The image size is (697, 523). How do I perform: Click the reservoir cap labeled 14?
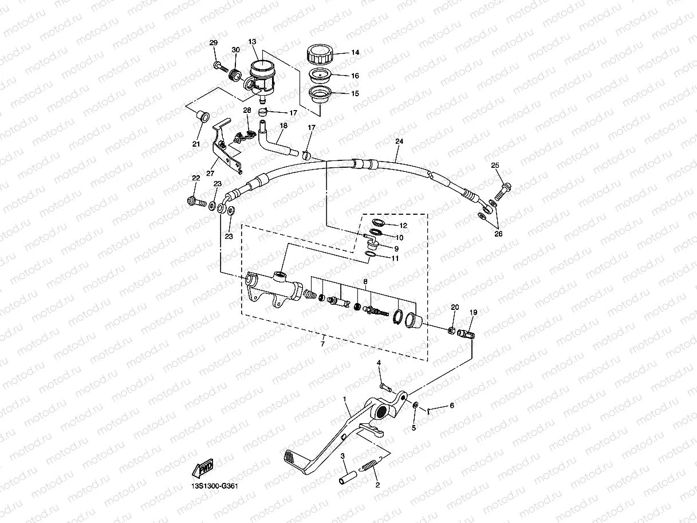[318, 55]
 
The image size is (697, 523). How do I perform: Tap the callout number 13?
[253, 42]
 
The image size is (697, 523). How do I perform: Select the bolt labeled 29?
[219, 66]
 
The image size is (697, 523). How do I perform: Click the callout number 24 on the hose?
[399, 141]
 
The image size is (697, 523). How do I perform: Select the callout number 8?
[365, 281]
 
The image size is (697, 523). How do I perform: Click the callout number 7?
[322, 344]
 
